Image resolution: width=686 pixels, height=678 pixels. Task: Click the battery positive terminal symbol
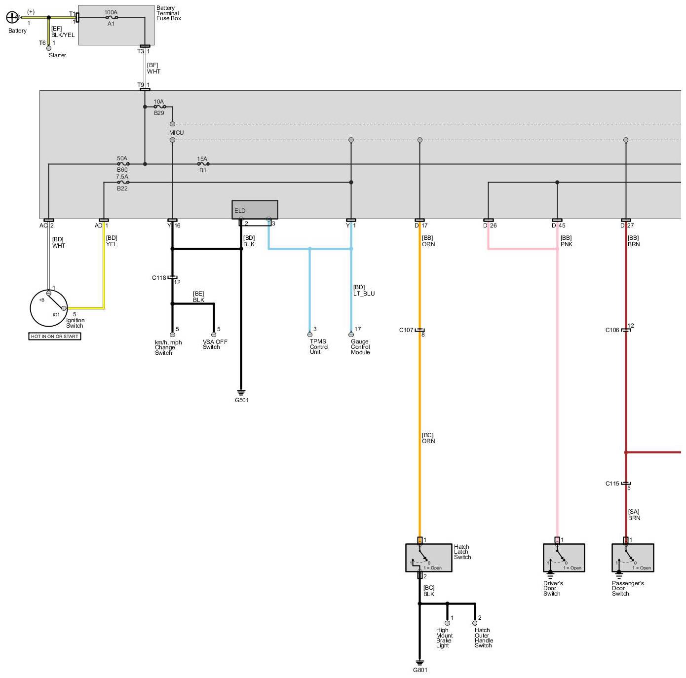pos(12,18)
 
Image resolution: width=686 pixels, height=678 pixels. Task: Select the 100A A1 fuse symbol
pos(111,17)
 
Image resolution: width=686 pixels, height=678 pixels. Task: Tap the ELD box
pos(255,210)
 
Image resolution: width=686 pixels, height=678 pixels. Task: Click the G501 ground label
pos(241,400)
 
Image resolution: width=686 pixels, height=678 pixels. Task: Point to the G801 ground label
pos(420,670)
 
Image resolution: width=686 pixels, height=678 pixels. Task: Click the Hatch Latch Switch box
pos(428,558)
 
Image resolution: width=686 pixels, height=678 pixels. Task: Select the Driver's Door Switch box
pos(564,558)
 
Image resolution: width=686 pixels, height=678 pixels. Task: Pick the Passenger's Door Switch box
pos(632,558)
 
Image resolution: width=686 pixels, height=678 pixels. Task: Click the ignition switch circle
pos(49,307)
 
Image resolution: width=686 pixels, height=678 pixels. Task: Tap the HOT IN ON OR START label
pos(55,337)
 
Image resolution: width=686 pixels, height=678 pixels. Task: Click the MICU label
pos(176,133)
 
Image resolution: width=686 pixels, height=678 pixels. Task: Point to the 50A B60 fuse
pos(122,164)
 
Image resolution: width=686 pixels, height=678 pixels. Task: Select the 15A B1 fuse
pos(202,164)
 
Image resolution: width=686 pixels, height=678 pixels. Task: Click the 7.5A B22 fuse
pos(122,182)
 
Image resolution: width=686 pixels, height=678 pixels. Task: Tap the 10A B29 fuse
pos(159,107)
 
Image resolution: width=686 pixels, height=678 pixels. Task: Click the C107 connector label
pos(406,330)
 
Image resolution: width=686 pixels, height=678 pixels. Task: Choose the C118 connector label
pos(159,278)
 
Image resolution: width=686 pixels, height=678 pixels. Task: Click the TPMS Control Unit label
pos(318,346)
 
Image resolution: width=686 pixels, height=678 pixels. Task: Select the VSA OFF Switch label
pos(215,344)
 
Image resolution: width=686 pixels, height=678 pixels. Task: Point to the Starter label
pos(57,55)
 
